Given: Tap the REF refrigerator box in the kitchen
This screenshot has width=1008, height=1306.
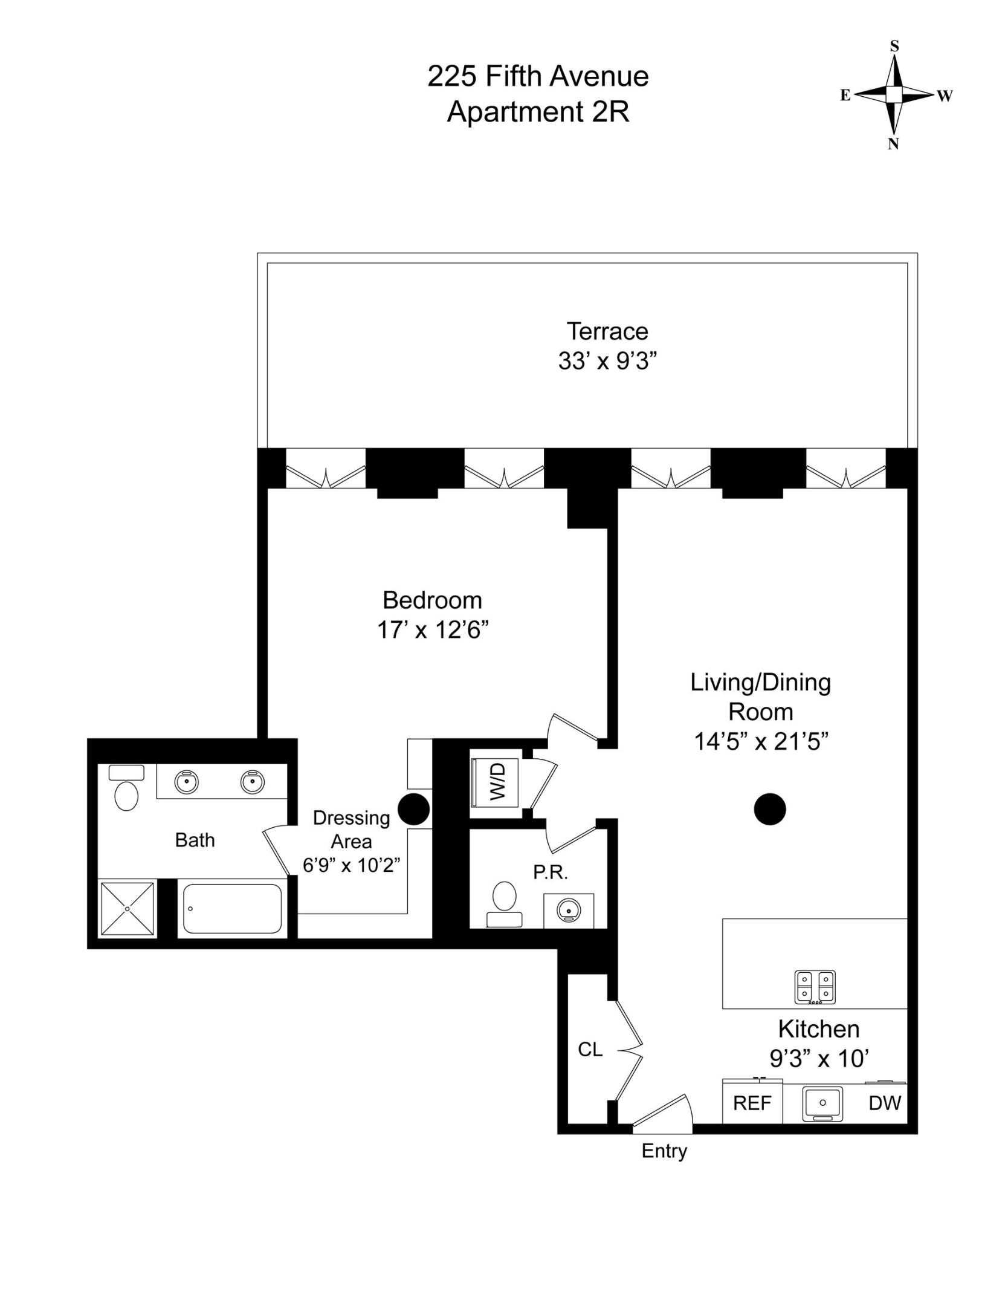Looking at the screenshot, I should point(752,1103).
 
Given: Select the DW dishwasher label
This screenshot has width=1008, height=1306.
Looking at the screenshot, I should point(885,1103).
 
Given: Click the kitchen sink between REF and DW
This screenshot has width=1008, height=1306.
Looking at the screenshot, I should point(822,1103).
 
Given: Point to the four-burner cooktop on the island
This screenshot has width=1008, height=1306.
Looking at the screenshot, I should point(815,987).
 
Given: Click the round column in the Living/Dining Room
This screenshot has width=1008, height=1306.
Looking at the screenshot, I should point(770,809).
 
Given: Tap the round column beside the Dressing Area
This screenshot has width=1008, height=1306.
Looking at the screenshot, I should point(414,809).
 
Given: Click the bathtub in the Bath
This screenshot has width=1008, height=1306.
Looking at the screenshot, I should point(232,909).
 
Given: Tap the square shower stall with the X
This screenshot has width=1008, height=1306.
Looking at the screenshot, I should point(127,908).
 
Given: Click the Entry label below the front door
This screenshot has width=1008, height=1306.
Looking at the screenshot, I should point(664,1151).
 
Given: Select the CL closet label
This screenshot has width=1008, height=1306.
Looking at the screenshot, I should point(590,1050).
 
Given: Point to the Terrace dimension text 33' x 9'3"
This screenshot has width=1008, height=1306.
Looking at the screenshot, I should point(607,362).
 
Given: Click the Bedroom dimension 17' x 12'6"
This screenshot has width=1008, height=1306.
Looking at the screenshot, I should point(432,631).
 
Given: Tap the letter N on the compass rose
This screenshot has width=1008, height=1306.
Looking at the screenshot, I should point(893,144).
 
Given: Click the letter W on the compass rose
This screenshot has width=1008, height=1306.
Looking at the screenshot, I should point(945,96).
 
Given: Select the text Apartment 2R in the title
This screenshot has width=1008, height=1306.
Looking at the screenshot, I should point(538,112).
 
